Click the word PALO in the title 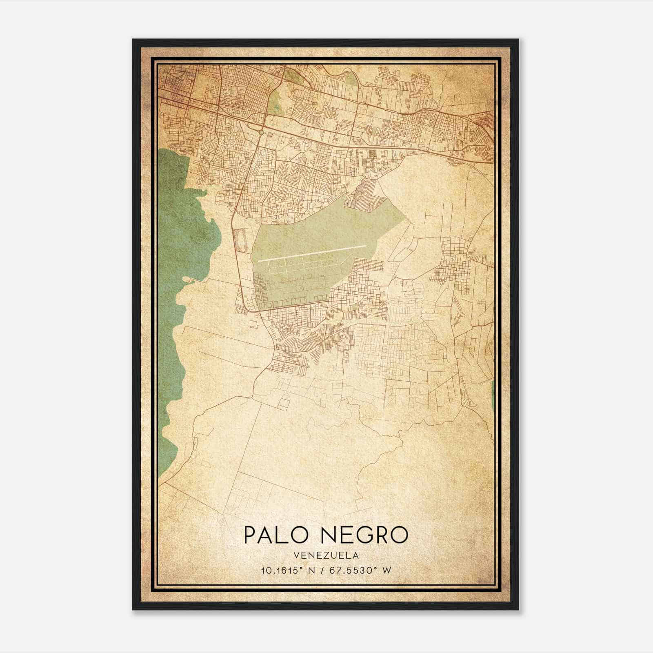(x=275, y=535)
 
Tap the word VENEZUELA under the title (x=326, y=555)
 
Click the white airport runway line (x=312, y=253)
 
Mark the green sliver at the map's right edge (x=493, y=396)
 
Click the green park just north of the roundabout (x=275, y=100)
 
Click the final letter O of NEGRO (x=398, y=535)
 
